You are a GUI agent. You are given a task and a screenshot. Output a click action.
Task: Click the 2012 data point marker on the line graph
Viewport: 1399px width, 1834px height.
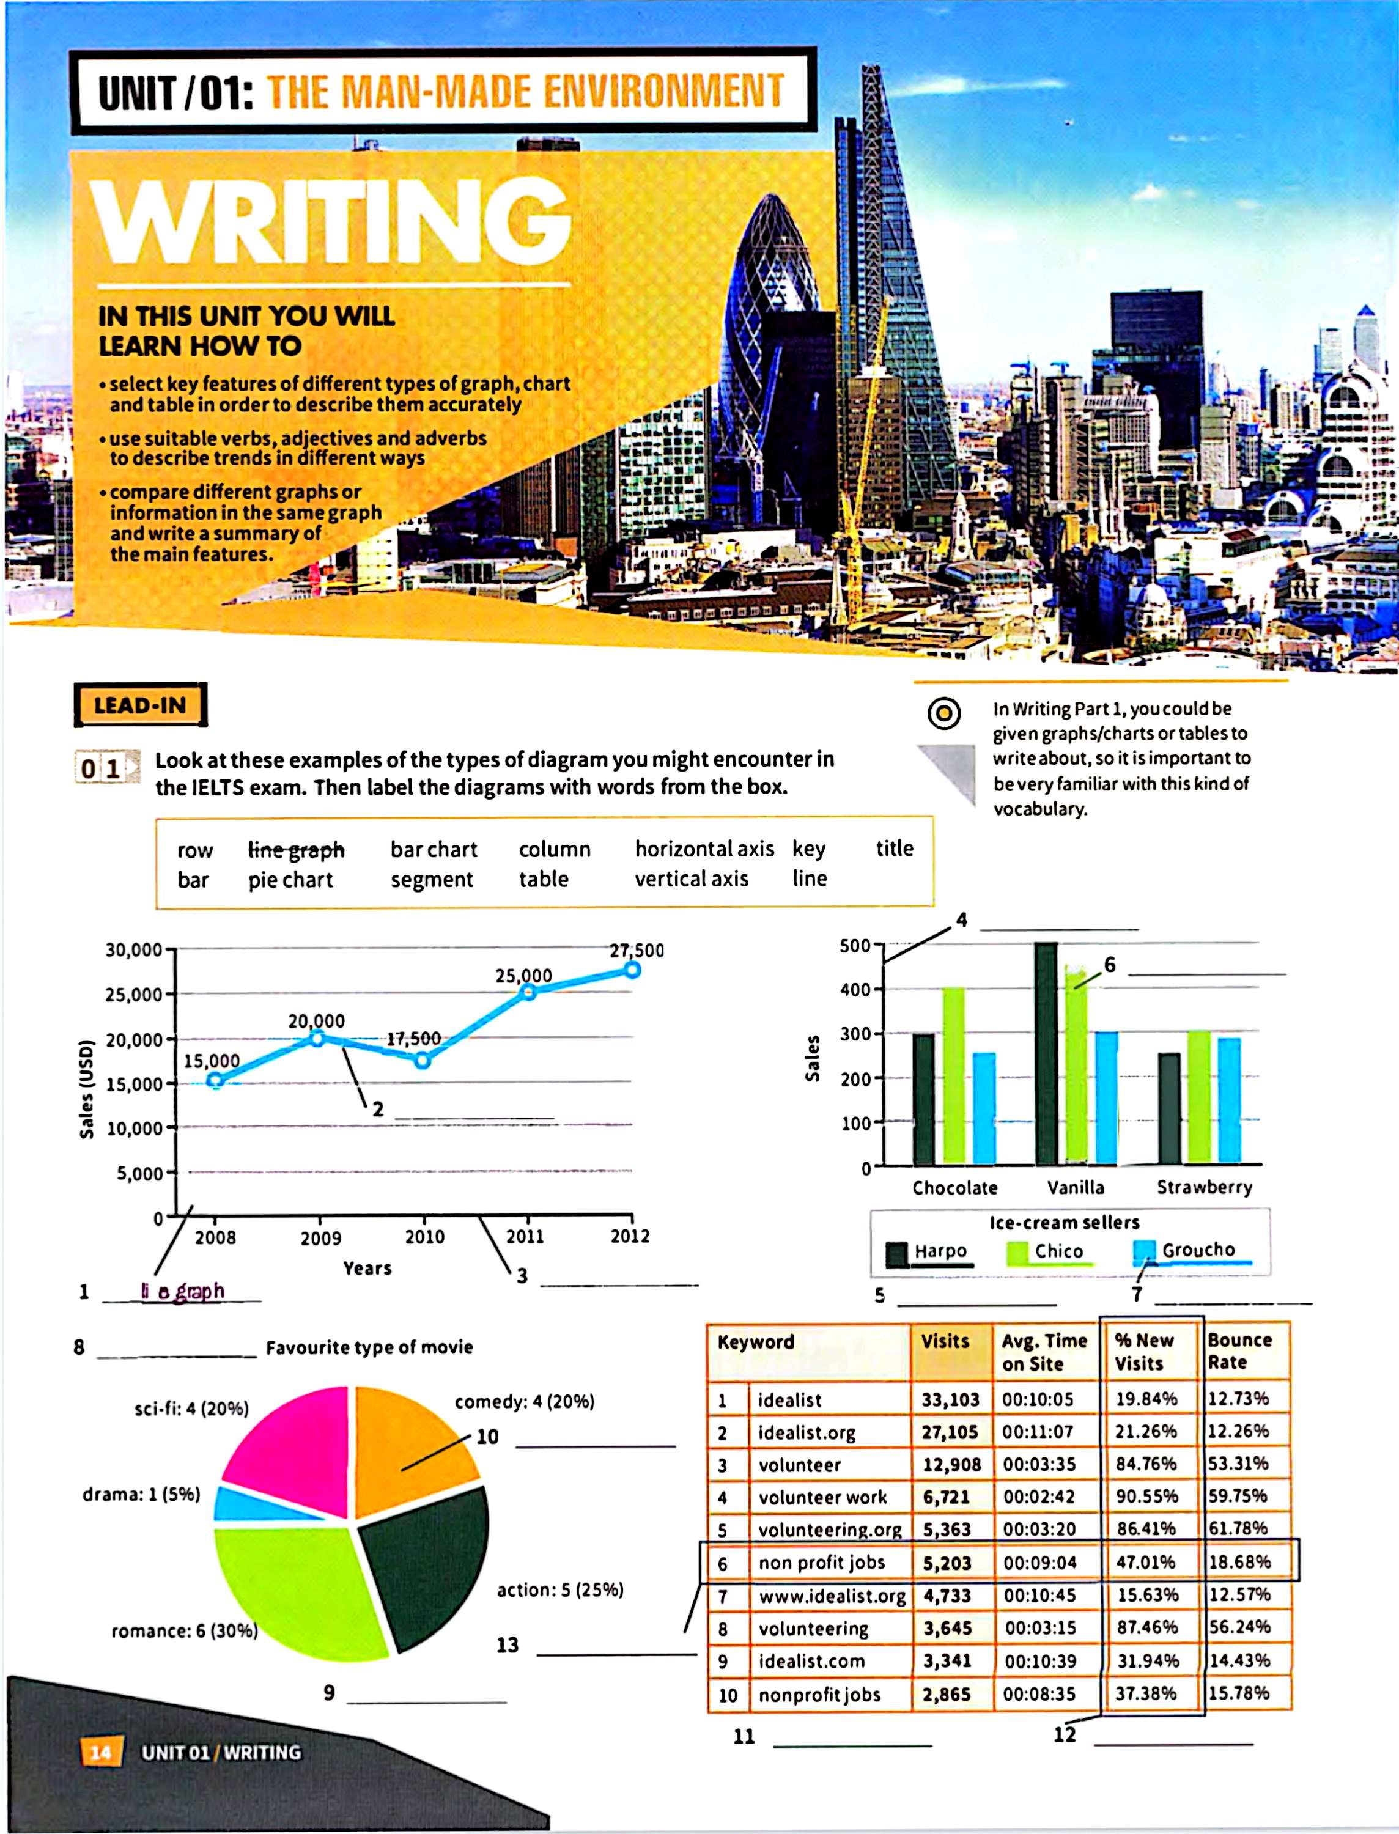click(x=632, y=970)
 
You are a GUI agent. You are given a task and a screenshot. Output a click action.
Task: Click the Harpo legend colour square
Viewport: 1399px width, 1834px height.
click(x=897, y=1253)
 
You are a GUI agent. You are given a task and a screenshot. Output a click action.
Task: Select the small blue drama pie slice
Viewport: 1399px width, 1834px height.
click(x=242, y=1503)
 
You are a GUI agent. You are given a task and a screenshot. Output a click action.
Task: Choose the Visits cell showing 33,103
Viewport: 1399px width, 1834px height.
click(x=950, y=1399)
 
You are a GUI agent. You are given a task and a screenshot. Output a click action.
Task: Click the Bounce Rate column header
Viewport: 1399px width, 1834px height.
click(x=1239, y=1351)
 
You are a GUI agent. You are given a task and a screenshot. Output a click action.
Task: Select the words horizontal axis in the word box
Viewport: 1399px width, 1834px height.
click(x=704, y=849)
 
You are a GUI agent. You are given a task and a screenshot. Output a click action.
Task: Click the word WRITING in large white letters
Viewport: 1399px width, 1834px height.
click(x=333, y=221)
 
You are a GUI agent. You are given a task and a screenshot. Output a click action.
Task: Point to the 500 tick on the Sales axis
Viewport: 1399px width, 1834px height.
click(x=855, y=946)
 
